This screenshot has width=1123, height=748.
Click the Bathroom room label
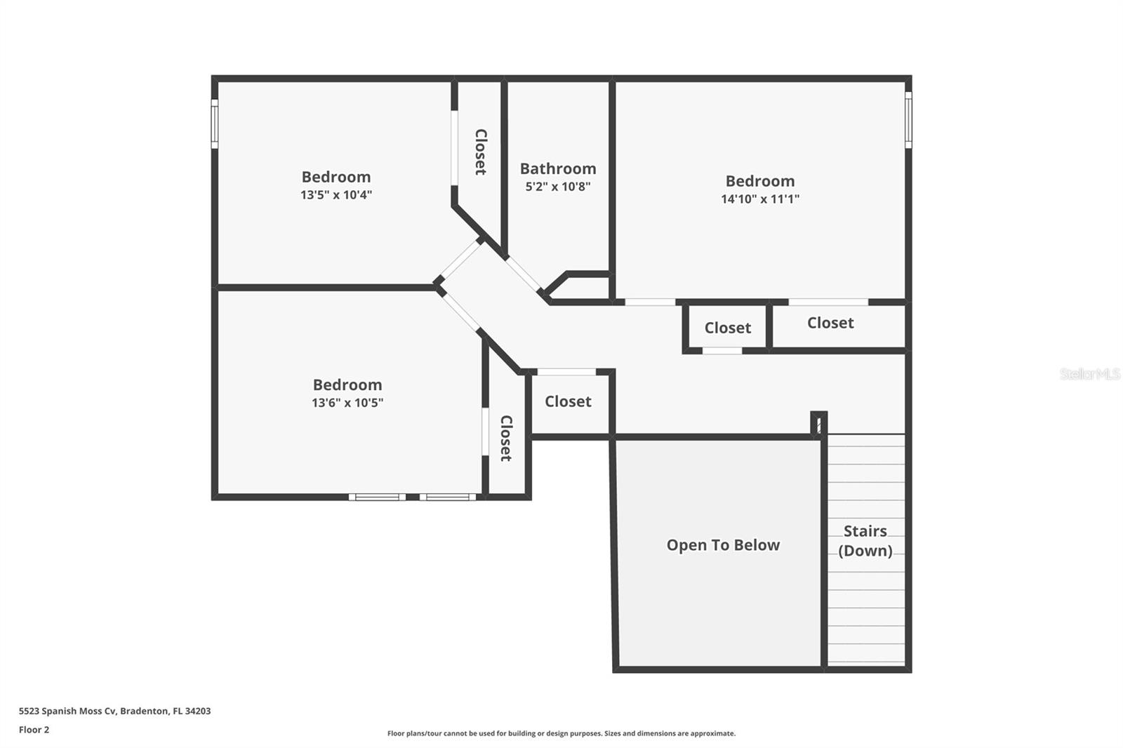558,168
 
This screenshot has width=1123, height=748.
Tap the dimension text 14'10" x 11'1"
760,199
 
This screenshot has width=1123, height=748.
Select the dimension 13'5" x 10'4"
336,194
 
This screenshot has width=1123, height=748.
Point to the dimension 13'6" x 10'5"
347,403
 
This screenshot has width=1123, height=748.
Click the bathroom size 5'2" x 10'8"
558,187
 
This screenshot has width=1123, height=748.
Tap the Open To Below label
723,545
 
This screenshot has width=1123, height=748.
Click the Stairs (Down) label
865,541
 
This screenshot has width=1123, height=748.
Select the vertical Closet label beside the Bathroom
481,152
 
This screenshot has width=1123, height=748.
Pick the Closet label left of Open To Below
568,401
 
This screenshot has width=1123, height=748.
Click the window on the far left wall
215,123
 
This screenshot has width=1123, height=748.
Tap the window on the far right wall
908,120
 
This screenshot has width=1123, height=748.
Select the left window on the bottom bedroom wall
378,497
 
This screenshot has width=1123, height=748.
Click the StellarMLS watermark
1089,374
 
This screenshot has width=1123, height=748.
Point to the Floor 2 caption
34,730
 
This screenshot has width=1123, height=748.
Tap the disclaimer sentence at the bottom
561,733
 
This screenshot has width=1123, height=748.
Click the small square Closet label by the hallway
727,328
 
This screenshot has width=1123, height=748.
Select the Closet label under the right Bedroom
830,323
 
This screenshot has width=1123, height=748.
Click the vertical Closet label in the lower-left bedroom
506,438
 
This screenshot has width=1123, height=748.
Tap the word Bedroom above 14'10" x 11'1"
760,181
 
